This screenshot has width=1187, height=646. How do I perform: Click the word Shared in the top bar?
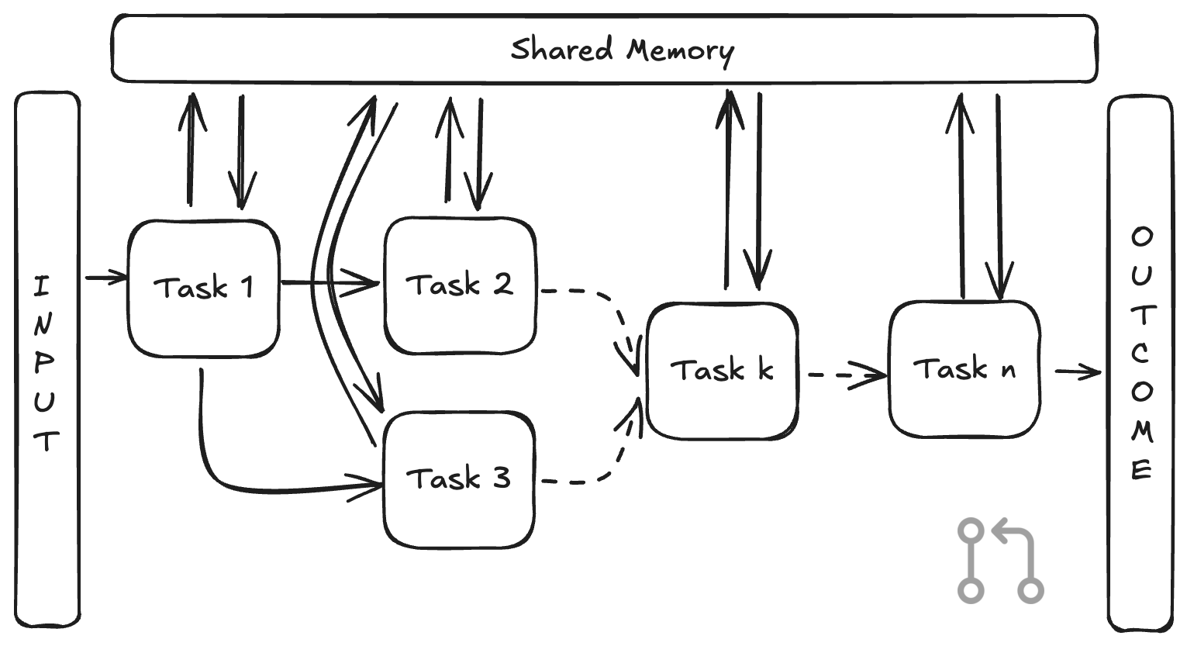click(x=561, y=50)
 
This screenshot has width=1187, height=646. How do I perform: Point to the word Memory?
click(x=681, y=52)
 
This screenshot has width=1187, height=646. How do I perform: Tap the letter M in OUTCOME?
click(x=1142, y=431)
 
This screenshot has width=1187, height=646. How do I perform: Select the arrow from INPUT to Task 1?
click(x=106, y=277)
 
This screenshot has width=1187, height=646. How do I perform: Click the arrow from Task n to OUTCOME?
click(x=1078, y=372)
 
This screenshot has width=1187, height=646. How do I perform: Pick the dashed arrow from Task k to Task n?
click(x=847, y=375)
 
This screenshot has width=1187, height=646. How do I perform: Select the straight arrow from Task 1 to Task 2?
click(x=330, y=283)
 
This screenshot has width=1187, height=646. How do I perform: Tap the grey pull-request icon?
click(x=1000, y=561)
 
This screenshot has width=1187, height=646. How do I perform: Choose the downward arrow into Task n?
click(x=999, y=197)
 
